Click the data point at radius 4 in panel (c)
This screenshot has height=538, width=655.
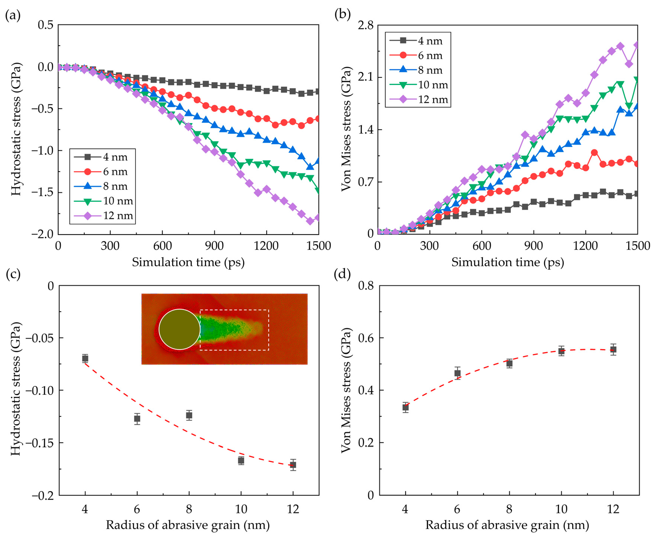coord(85,359)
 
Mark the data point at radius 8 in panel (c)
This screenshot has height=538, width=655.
coord(189,415)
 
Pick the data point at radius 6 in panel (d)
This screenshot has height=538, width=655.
coord(457,373)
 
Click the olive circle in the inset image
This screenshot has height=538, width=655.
coord(179,329)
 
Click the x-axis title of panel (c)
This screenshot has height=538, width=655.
coord(188,525)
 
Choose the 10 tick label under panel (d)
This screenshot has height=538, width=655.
coord(561,509)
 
